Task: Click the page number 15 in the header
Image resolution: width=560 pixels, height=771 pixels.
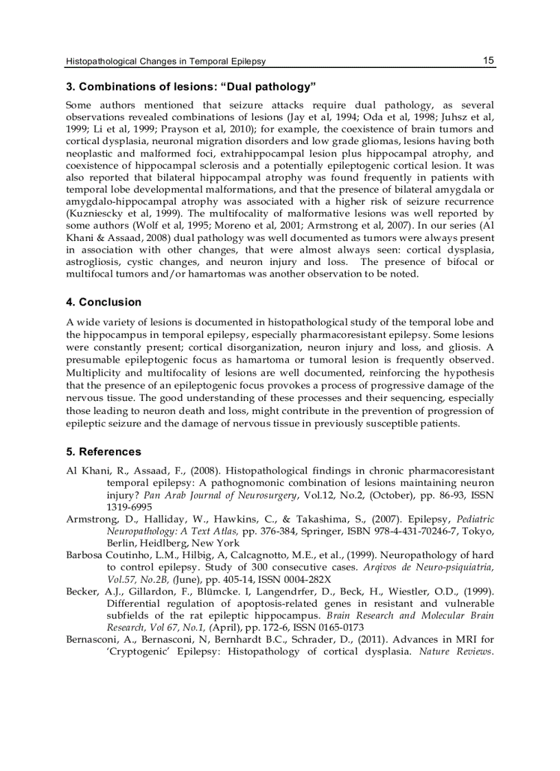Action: coord(488,60)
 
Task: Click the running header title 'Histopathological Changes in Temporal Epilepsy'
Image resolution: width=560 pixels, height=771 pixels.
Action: coord(165,62)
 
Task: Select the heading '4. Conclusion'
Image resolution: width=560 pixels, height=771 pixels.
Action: coord(104,302)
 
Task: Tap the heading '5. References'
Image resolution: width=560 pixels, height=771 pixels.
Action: coord(104,452)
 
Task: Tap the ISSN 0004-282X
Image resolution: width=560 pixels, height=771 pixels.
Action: coord(300,579)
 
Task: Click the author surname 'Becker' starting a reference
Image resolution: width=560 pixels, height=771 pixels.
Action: coord(81,591)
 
